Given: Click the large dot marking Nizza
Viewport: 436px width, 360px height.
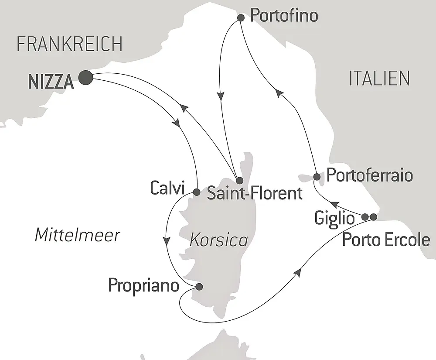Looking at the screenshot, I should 85,78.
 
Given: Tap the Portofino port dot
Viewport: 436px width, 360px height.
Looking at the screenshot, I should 240,18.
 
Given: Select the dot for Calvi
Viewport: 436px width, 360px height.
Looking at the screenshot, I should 196,192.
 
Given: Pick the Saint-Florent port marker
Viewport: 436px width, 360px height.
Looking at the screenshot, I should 239,180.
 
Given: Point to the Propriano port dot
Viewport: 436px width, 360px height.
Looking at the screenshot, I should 199,287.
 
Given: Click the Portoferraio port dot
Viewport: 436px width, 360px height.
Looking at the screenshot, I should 317,177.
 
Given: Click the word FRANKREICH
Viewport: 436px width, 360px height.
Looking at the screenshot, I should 69,44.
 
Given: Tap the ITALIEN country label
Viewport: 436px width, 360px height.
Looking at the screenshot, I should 379,79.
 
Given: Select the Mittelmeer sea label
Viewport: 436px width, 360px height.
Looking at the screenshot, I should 77,236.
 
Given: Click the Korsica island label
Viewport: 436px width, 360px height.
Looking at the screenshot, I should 218,240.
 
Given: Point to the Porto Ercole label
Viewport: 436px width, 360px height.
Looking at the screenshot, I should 386,240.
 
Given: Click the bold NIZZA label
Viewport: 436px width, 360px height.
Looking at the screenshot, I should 51,81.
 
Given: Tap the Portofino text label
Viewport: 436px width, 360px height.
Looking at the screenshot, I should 284,16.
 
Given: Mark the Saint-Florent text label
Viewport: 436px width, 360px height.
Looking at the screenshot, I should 255,193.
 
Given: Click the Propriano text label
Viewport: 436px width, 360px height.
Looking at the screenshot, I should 143,286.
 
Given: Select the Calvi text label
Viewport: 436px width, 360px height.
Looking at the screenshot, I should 168,189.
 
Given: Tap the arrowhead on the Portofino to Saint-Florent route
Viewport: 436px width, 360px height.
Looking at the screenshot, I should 221,96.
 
